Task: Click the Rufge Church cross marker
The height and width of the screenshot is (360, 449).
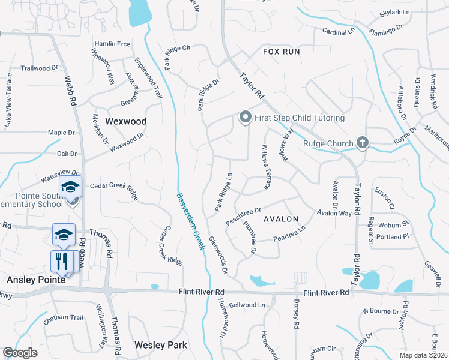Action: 362,143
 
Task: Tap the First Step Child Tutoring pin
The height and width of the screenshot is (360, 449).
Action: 245,118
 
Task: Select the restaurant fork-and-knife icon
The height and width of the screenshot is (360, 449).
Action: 61,261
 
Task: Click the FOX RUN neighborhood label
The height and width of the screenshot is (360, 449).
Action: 281,52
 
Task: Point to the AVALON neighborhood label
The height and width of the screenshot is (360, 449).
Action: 280,219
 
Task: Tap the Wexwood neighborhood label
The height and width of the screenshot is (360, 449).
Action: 125,121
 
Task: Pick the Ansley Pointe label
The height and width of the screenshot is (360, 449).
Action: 30,280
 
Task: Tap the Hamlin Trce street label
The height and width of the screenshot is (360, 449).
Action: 112,44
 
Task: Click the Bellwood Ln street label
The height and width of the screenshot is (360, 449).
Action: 247,305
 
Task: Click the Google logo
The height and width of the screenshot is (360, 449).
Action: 20,353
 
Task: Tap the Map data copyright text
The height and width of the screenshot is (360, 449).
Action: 424,355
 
